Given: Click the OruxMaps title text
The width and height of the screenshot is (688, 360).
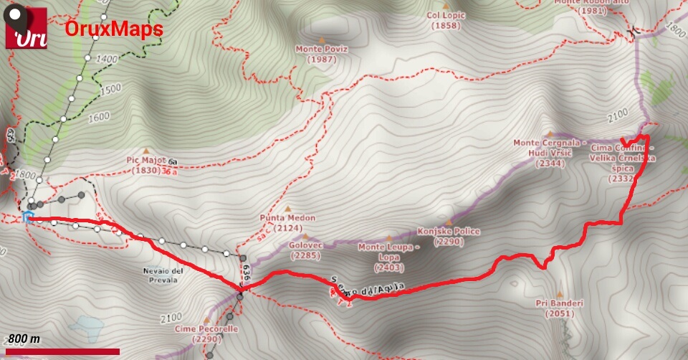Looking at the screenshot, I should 114,29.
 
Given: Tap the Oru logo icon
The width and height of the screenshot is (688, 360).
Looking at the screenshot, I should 27,29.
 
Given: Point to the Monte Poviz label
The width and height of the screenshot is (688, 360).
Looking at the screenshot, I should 320,54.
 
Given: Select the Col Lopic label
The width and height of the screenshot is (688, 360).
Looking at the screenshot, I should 446,20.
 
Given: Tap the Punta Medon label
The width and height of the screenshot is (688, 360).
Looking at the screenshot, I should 287,223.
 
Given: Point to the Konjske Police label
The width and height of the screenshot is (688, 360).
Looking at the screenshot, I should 449,237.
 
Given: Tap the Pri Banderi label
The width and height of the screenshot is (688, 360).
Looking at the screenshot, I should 560,308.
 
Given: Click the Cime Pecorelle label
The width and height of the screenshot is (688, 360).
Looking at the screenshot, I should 205,333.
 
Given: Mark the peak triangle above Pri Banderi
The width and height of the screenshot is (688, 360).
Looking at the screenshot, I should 560,294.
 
